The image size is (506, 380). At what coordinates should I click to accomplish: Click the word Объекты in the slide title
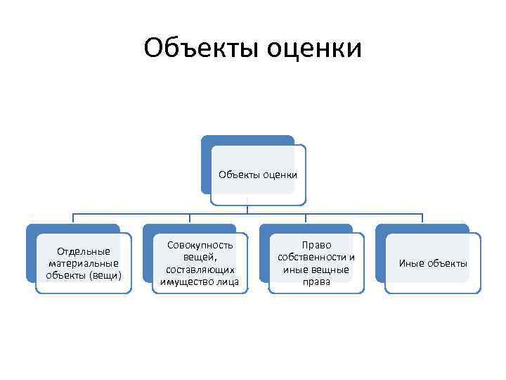click(x=200, y=49)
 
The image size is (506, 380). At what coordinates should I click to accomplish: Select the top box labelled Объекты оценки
click(x=258, y=175)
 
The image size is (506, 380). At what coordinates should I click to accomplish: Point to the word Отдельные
click(x=84, y=251)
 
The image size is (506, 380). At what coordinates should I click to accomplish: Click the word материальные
click(x=84, y=262)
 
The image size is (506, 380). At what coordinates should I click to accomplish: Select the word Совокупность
click(x=200, y=246)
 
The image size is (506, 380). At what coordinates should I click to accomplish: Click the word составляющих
click(x=200, y=270)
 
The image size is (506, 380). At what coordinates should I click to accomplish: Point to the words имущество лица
click(x=200, y=281)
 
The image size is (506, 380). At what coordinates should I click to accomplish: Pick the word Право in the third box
click(x=316, y=246)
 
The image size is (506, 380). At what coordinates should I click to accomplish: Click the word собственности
click(x=312, y=258)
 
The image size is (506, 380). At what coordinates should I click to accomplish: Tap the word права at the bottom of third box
click(x=316, y=281)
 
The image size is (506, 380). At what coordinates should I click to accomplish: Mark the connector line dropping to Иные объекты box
click(x=422, y=219)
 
